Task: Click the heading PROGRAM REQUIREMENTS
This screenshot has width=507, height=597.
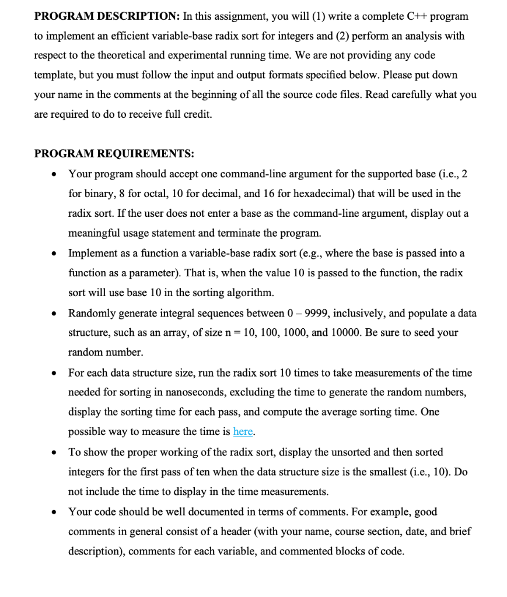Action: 114,153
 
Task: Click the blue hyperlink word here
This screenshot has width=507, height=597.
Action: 243,431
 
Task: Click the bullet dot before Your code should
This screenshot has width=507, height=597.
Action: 54,512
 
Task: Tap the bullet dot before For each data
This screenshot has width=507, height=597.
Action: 54,373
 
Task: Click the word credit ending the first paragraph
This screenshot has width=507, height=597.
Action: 197,114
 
